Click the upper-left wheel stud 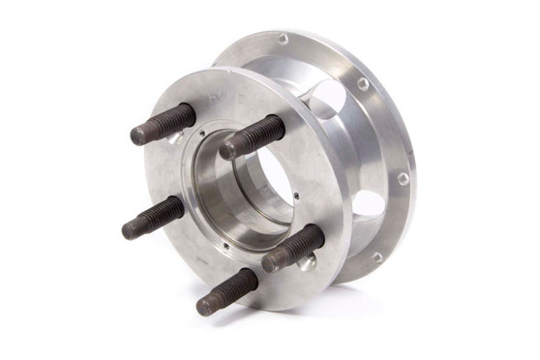point(165,124)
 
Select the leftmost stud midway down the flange point(153,217)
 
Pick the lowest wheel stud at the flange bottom point(227,291)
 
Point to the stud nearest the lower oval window point(292,249)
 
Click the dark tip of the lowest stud point(205,306)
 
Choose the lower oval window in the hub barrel point(370,204)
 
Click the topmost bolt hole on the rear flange point(283,40)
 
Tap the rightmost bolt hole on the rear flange point(403,178)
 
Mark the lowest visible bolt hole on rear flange point(376,257)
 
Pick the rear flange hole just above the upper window point(363,84)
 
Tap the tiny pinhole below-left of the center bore point(225,245)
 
